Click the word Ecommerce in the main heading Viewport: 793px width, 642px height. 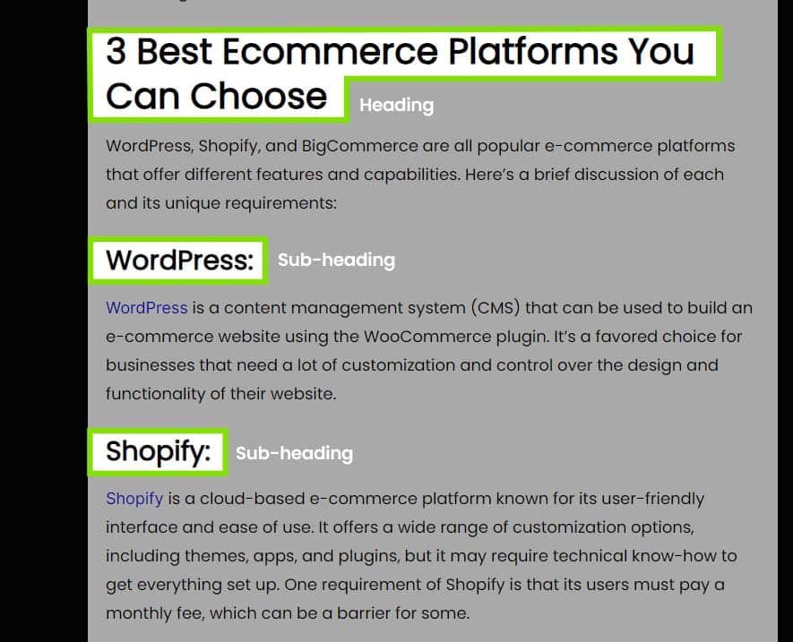pos(331,52)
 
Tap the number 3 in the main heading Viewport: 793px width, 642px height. pos(116,52)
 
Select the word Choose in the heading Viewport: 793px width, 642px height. pos(258,96)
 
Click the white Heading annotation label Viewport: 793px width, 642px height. pos(396,105)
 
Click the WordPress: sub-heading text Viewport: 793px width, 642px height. pos(179,261)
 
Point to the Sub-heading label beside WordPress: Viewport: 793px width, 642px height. pos(336,260)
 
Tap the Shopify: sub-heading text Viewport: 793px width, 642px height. pos(158,451)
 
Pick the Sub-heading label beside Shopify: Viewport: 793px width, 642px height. pos(294,453)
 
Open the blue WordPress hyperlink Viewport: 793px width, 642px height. pos(147,308)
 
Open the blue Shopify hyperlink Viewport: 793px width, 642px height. pos(134,500)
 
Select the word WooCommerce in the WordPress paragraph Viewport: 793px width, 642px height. pos(427,337)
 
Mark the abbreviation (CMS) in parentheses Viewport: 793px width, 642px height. pos(496,308)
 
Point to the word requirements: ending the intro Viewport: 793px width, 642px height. pos(280,204)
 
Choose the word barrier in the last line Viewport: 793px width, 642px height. pos(364,613)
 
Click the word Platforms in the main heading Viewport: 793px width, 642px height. pos(533,52)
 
